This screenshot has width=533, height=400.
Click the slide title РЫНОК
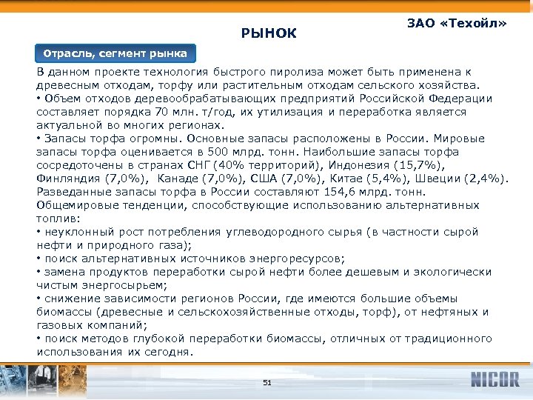tap(269, 33)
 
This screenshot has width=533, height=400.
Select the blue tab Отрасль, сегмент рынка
tap(115, 54)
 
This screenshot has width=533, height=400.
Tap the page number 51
tap(267, 382)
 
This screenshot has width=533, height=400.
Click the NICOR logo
tap(495, 380)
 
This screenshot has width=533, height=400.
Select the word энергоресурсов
tap(295, 259)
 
